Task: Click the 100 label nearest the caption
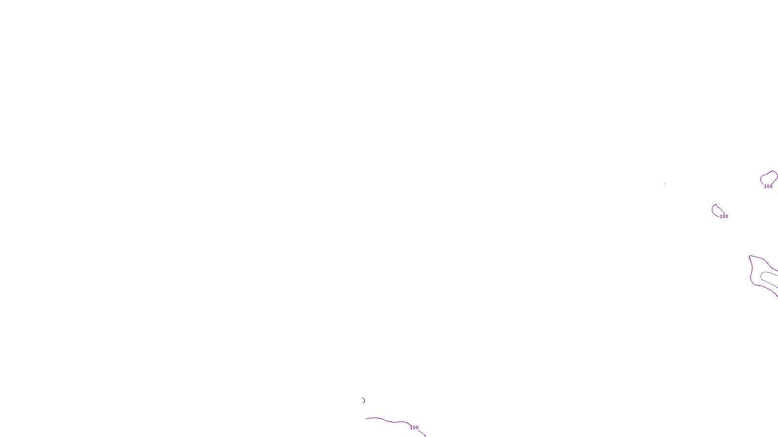(x=414, y=428)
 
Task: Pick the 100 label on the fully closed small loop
(x=724, y=217)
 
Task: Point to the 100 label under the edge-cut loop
(x=768, y=186)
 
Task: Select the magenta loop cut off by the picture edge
(x=762, y=179)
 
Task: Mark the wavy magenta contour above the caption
(x=384, y=419)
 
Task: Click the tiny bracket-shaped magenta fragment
(x=363, y=400)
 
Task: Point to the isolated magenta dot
(x=665, y=184)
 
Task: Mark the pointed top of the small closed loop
(x=715, y=204)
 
